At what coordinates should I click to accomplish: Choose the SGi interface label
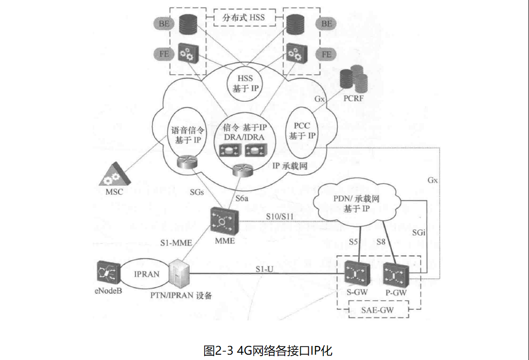click(x=419, y=233)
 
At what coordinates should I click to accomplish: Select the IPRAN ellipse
click(x=146, y=274)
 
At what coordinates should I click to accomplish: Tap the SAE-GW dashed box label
click(x=379, y=309)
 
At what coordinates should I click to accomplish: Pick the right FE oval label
click(x=327, y=54)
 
